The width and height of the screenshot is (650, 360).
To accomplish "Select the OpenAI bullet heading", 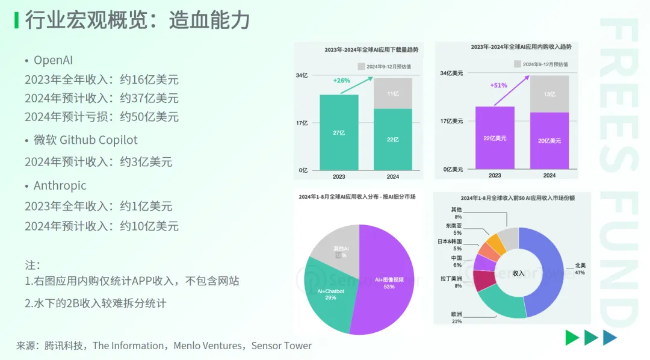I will tap(53, 60).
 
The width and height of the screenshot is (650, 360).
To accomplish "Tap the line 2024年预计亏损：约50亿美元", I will tap(102, 117).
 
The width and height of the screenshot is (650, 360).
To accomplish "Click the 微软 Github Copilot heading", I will tap(85, 140).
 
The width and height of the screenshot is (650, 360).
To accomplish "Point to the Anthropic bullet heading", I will tap(60, 186).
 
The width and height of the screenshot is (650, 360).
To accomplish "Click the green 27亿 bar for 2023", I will tap(339, 132).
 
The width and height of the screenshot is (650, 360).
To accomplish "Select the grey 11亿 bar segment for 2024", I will tap(393, 93).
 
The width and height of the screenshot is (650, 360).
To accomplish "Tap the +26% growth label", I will tap(341, 80).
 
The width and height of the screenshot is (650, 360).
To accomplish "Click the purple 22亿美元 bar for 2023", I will tap(495, 138).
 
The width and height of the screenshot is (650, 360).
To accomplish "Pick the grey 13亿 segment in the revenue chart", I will tap(549, 94).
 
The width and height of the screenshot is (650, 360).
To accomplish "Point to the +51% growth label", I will tap(498, 85).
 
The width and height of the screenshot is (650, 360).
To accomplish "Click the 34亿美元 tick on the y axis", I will tap(451, 73).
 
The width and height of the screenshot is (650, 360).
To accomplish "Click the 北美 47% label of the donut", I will tap(580, 269).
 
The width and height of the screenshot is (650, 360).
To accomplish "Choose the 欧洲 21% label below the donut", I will tap(457, 318).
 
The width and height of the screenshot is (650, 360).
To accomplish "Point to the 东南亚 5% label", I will tap(457, 229).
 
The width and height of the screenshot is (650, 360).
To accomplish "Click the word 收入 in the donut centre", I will tap(518, 273).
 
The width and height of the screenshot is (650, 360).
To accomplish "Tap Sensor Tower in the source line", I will tap(281, 346).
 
